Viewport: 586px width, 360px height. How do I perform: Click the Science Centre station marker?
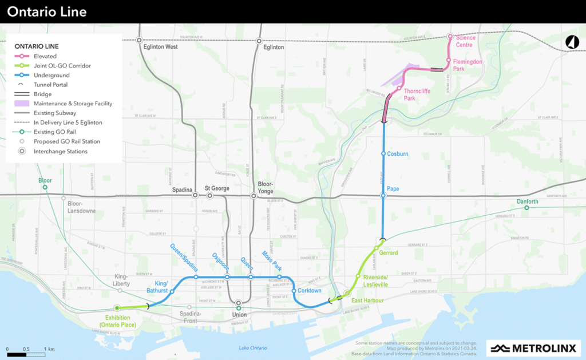tap(450, 36)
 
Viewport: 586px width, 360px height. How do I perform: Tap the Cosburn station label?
tap(397, 154)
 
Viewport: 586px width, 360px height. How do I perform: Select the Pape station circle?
tap(383, 196)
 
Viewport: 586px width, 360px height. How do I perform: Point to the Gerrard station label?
tap(389, 252)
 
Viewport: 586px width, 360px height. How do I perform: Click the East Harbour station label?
tap(367, 300)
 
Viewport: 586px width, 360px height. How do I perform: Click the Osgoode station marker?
tap(227, 277)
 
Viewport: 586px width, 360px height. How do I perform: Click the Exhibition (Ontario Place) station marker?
tap(117, 307)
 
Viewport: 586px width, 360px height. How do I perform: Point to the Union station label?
tap(239, 315)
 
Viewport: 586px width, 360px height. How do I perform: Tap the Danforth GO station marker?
tap(527, 208)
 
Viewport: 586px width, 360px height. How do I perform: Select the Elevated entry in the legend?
tap(45, 57)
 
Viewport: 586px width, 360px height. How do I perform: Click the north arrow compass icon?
tap(571, 42)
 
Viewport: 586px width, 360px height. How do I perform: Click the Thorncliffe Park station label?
tap(416, 94)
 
